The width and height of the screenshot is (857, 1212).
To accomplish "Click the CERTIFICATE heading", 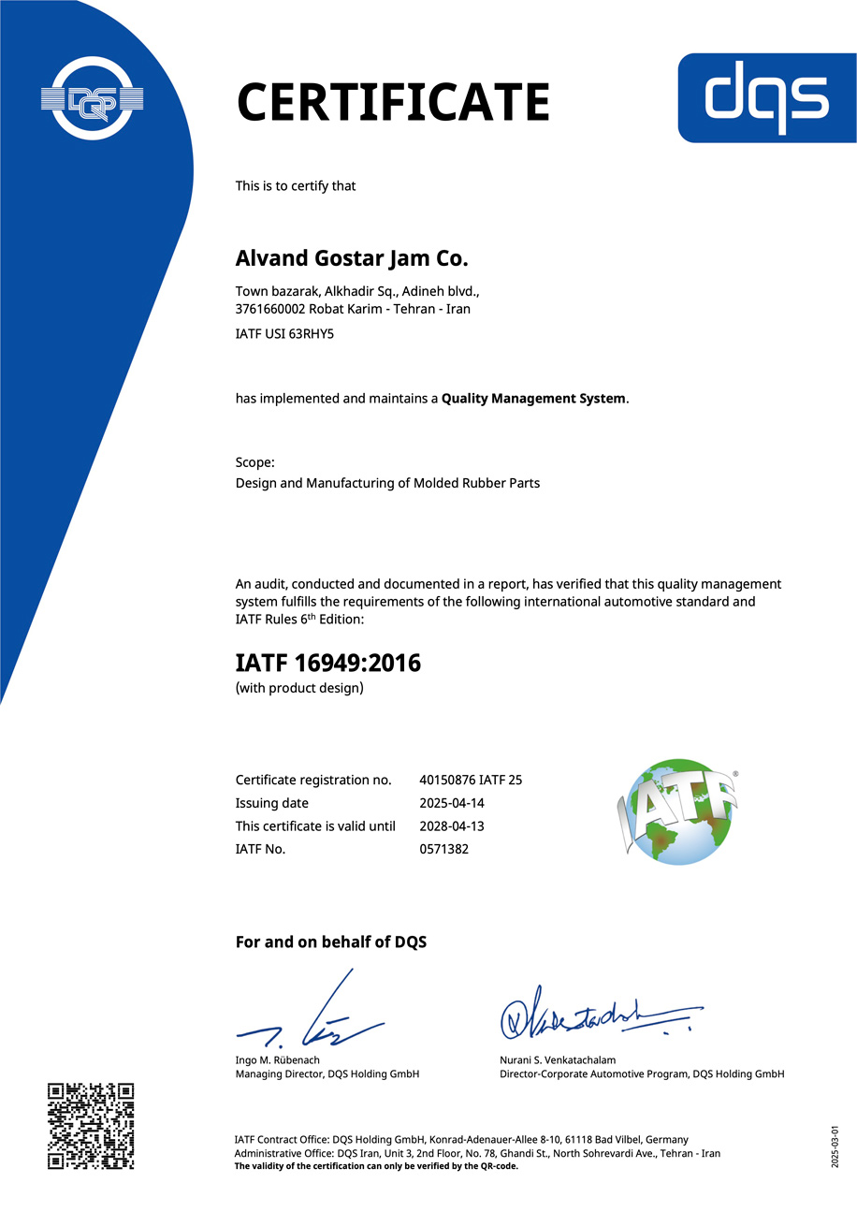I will [392, 102].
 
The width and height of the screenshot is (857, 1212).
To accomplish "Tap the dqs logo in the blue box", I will [766, 98].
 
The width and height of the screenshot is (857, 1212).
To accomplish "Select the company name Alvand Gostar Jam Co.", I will [351, 256].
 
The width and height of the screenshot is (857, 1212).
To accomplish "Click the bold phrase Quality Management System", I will [533, 399].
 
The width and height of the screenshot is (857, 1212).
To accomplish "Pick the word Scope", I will [254, 462].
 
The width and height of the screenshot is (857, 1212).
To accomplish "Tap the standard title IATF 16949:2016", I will [327, 664].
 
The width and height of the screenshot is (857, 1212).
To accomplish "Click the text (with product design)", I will [298, 689].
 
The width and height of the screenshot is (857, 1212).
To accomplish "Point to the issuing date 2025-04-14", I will [452, 803].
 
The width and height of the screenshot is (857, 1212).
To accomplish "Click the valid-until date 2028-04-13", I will [452, 826].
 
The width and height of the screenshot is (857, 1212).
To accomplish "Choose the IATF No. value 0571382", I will [443, 849].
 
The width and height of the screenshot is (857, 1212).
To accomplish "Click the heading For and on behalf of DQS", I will [330, 942].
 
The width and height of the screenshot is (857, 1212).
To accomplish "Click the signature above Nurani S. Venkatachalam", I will [599, 1014].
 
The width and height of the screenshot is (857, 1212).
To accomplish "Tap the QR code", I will [91, 1126].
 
